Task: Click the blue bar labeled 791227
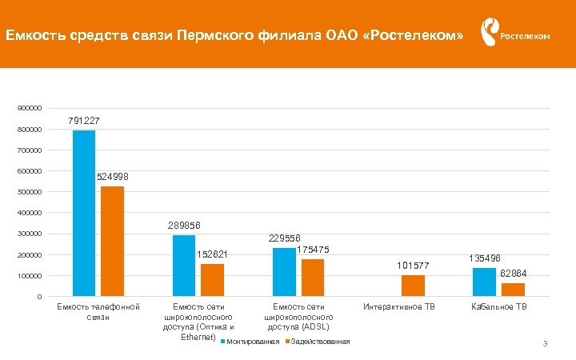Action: point(84,214)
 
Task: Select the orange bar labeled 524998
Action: point(112,242)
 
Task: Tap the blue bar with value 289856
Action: point(184,266)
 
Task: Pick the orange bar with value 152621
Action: point(212,280)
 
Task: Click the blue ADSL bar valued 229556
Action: point(284,272)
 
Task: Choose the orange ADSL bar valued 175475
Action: point(313,278)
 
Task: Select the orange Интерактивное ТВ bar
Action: point(413,286)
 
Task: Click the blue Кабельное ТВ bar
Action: point(484,282)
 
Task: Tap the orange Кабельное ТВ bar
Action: point(513,290)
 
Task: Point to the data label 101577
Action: point(413,266)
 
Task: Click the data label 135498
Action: point(485,258)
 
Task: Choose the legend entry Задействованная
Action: point(319,342)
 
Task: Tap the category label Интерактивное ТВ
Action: point(399,307)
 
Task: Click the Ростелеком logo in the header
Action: point(514,34)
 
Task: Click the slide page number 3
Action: point(544,344)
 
